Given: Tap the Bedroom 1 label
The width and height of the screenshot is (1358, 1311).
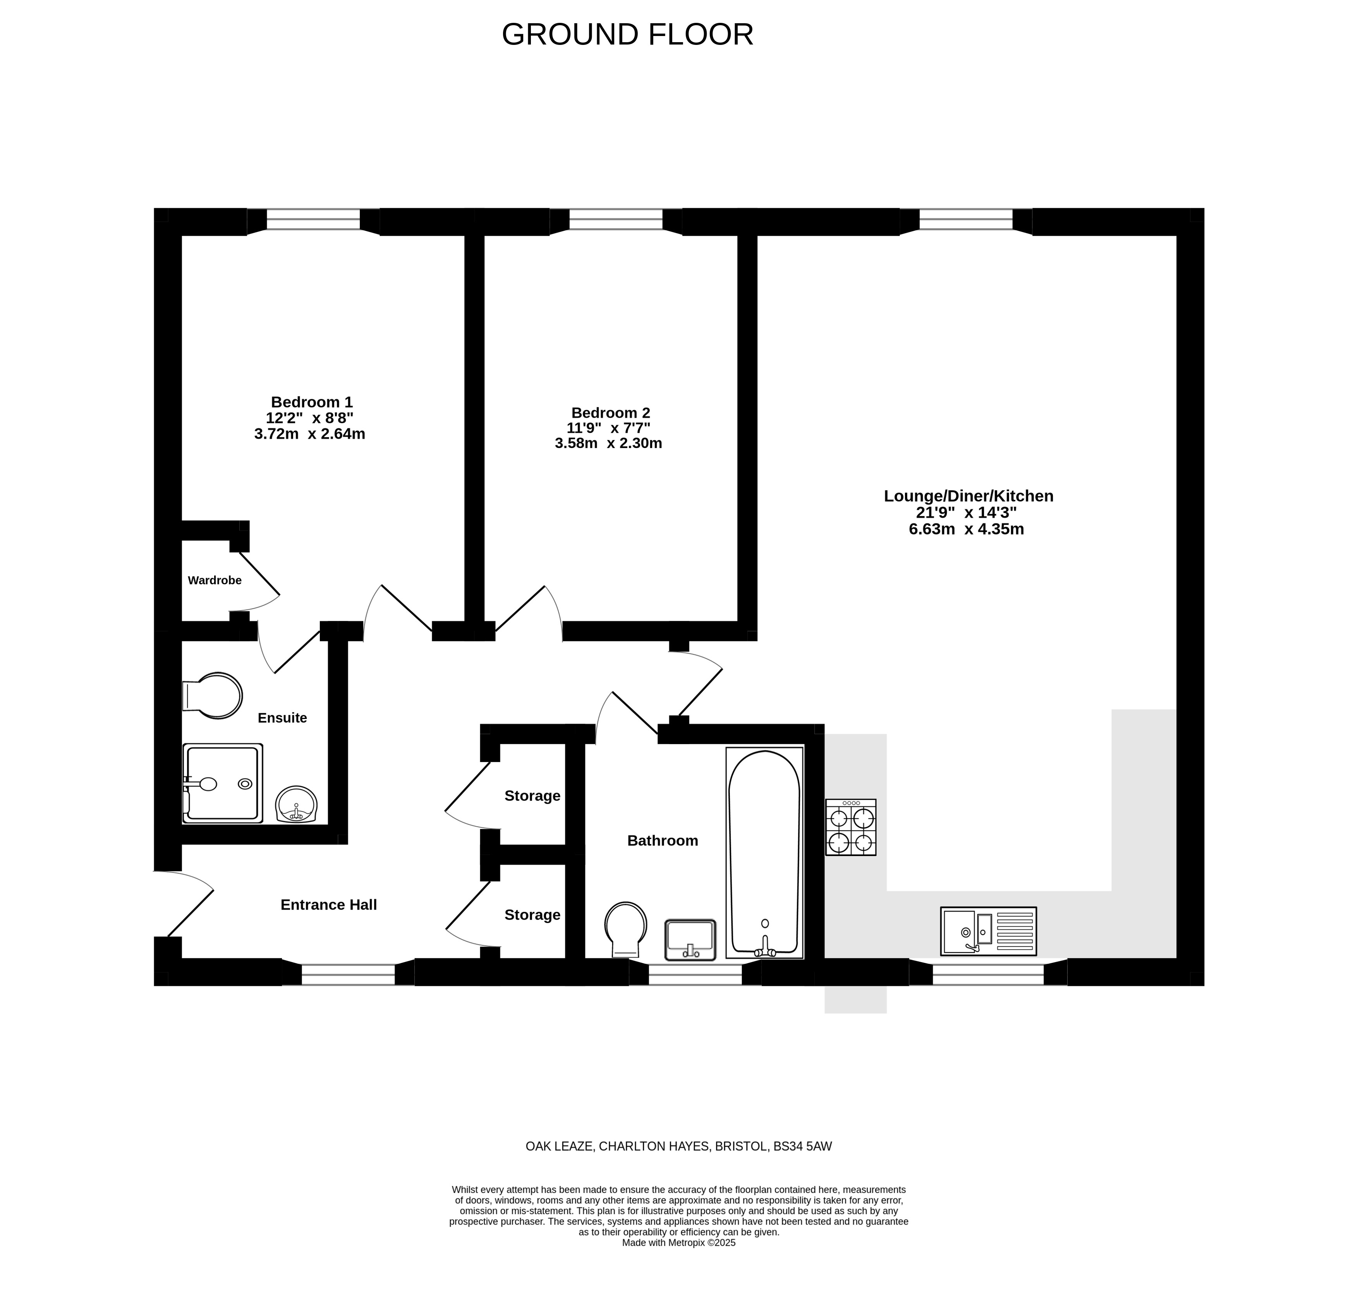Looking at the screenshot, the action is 312,402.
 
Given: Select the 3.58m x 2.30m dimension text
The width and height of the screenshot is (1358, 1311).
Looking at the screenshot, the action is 608,443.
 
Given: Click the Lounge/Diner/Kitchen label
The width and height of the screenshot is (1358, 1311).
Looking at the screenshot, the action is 968,496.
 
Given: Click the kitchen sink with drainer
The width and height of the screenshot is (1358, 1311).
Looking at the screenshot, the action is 989,930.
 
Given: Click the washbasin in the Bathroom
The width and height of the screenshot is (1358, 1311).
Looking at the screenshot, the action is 690,940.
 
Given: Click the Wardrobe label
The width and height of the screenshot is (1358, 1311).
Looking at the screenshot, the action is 215,581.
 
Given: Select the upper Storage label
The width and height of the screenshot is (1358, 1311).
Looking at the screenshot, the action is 532,796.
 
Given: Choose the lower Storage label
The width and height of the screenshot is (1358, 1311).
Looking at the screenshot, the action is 532,915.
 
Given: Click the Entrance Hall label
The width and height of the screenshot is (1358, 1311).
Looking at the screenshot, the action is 328,905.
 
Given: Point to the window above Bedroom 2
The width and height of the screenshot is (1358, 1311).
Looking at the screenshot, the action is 616,220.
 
